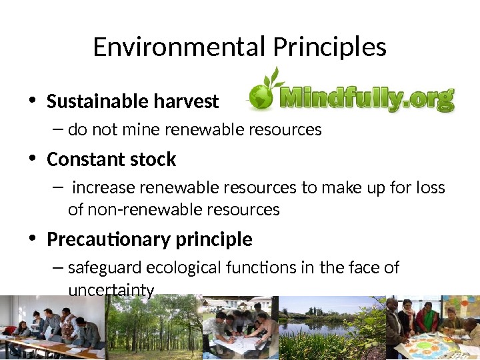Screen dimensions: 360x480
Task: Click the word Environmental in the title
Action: point(179,47)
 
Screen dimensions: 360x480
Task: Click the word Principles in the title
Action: point(329,47)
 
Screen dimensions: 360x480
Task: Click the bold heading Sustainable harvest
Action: point(133,101)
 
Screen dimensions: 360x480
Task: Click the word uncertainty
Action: point(111,291)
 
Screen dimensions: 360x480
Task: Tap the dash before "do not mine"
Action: point(57,129)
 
